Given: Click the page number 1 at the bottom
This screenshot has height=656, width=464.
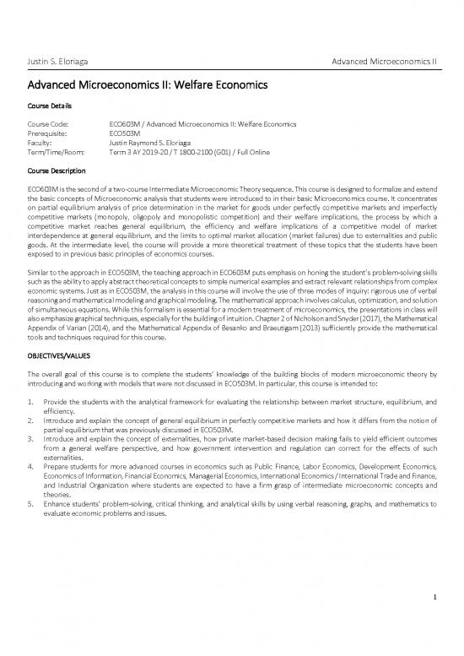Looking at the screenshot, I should (432, 623).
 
